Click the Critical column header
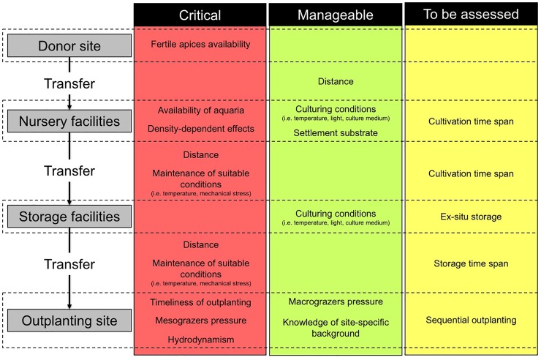click(200, 15)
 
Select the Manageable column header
click(336, 15)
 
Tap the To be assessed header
click(471, 14)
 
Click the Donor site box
click(69, 45)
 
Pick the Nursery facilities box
click(69, 121)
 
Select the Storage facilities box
click(69, 217)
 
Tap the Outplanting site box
click(69, 320)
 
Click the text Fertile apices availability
click(200, 44)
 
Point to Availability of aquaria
click(201, 110)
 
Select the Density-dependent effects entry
click(201, 129)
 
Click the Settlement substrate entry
click(336, 133)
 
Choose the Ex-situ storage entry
click(471, 217)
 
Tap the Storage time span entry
click(471, 263)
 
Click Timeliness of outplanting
click(200, 302)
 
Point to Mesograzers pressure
click(201, 320)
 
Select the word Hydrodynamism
click(201, 340)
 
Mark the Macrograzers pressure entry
click(336, 301)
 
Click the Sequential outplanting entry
click(471, 320)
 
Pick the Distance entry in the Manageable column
click(336, 81)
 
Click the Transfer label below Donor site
click(69, 83)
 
